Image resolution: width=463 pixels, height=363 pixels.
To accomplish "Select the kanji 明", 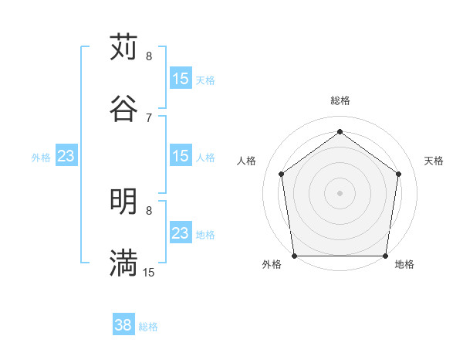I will [x=123, y=202].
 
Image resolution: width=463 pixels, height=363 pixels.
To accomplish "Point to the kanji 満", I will [x=123, y=263].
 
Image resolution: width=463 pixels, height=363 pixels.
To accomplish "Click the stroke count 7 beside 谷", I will [x=149, y=117].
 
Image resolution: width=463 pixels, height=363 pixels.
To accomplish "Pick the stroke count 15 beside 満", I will [x=149, y=273].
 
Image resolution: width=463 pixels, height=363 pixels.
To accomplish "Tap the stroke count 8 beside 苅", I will [x=149, y=56].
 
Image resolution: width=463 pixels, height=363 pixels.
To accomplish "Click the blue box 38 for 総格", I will [x=123, y=325].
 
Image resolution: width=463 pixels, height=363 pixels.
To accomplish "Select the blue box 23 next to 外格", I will [x=66, y=156].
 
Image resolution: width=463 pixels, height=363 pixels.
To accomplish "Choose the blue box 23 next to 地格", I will [x=181, y=233].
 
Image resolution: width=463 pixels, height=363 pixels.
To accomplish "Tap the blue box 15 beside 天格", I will [x=181, y=79].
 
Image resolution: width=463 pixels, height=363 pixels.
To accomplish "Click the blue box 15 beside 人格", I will [x=181, y=156].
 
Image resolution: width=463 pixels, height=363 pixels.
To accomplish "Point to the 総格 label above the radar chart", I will [x=340, y=100].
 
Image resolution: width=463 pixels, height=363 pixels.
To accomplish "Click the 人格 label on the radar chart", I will [x=247, y=161].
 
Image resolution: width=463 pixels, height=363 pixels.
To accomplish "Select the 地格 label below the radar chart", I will [x=404, y=264].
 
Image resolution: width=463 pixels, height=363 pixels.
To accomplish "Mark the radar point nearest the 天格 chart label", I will [x=399, y=174].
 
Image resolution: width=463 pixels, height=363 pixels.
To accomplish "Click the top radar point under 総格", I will [x=340, y=132].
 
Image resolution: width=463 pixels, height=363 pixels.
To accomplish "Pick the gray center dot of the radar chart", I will [x=340, y=192].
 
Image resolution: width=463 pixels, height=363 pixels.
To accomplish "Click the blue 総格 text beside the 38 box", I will [x=149, y=327].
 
